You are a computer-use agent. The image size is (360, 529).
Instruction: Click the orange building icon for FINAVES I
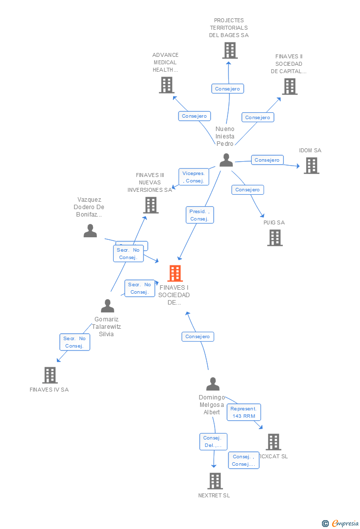pos(175,273)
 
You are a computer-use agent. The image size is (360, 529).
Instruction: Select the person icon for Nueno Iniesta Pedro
pos(226,160)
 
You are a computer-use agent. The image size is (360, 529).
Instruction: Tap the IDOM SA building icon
pos(311,166)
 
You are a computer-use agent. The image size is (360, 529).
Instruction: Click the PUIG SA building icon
pos(275,238)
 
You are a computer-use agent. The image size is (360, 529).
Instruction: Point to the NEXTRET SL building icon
pos(215,481)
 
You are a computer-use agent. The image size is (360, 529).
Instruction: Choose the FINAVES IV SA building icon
pos(49,375)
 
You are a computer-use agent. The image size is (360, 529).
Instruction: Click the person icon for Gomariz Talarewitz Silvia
pos(107,306)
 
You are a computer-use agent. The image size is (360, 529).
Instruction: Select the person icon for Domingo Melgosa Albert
pos(213,384)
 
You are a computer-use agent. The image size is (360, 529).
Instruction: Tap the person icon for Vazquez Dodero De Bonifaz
pos(90,231)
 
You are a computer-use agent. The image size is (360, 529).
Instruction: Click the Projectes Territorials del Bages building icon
pos(229,50)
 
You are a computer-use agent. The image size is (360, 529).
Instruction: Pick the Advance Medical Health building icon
pos(167,85)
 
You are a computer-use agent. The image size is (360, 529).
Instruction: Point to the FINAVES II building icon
pos(289,87)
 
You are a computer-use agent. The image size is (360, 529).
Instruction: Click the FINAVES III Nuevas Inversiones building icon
pos(150,205)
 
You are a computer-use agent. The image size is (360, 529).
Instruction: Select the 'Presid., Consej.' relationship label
pos(199,215)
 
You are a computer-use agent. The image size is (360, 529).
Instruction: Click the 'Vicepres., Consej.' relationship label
pos(193,177)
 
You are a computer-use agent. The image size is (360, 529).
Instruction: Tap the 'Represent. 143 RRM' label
pos(244,412)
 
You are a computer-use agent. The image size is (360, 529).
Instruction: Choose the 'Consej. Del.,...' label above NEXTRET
pos(214,441)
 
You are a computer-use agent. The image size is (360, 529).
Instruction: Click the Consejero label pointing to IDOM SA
pos(267,160)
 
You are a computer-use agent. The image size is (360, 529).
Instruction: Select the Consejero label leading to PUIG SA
pos(247,190)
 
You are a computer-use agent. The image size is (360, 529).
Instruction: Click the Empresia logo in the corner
pos(341,523)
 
